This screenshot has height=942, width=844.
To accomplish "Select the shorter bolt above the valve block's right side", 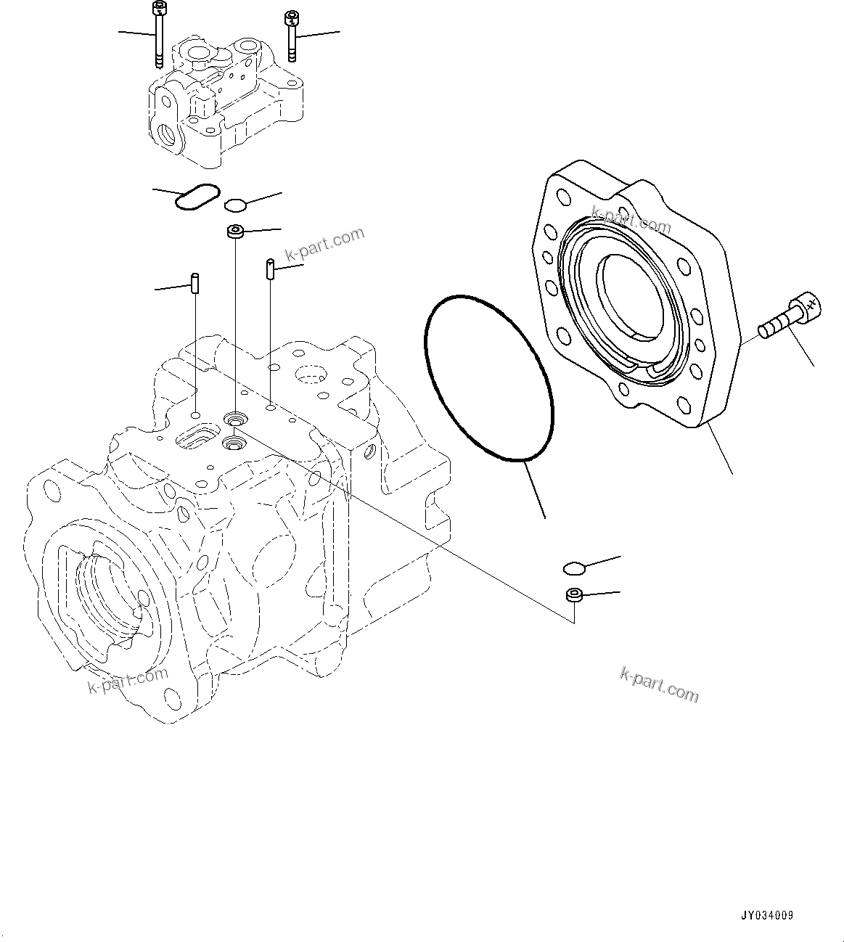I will (292, 37).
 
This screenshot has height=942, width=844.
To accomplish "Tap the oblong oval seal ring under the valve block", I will (196, 197).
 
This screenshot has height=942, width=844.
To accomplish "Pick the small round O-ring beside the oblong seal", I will (235, 205).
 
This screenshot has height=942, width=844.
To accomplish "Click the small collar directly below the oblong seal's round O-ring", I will (234, 232).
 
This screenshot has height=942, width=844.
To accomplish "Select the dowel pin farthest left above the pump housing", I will (195, 282).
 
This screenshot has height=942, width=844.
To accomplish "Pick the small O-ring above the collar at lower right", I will (574, 567).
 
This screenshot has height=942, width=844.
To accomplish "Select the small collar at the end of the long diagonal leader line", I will (574, 595).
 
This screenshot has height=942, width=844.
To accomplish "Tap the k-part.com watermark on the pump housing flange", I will (128, 680).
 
